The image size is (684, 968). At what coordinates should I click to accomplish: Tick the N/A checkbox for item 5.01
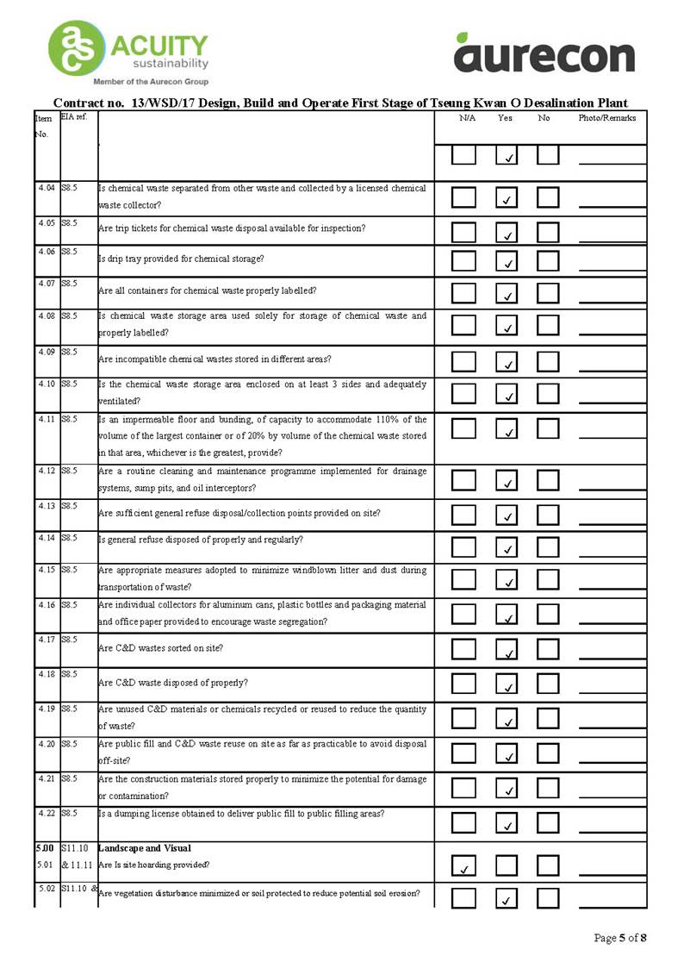[x=463, y=865]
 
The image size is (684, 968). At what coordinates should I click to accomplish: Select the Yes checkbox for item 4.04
[x=507, y=197]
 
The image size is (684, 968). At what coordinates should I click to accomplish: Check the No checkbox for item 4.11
[x=548, y=428]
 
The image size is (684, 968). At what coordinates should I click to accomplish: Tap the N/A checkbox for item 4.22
[x=463, y=821]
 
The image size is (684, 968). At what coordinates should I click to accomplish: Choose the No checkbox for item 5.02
[x=548, y=897]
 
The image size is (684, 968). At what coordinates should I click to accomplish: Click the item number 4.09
[x=47, y=352]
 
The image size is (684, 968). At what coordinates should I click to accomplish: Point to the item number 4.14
[x=47, y=538]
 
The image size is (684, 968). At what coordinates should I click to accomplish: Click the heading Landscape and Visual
[x=144, y=848]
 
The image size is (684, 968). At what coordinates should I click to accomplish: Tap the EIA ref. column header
[x=74, y=116]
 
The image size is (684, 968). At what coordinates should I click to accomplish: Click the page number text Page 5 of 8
[x=620, y=937]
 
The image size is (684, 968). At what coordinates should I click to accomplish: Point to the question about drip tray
[x=182, y=259]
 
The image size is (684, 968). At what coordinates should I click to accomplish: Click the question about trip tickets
[x=232, y=228]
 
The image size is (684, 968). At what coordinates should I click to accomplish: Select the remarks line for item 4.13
[x=612, y=521]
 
